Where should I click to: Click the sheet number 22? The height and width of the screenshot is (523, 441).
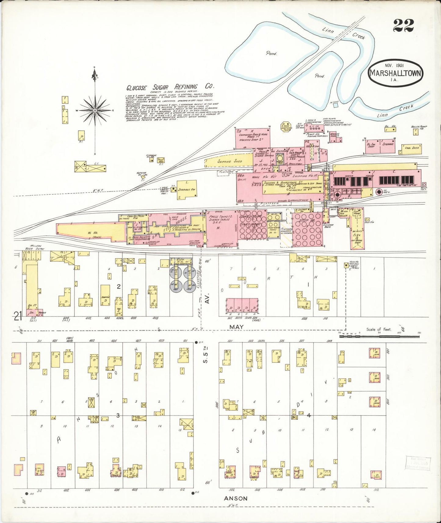click(403, 25)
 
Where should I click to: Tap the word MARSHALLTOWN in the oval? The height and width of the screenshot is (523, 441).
click(396, 73)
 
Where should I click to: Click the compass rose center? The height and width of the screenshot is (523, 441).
click(95, 110)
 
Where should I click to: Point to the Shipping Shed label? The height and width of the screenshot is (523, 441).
click(230, 161)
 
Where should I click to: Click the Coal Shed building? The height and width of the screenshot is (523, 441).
click(411, 148)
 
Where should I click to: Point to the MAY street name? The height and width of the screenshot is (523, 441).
click(237, 326)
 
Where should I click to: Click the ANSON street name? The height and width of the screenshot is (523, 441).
click(236, 498)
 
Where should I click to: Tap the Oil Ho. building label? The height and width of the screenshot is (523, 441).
click(388, 125)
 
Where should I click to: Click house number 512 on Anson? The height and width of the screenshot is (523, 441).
click(376, 490)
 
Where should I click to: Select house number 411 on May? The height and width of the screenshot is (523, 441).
click(185, 341)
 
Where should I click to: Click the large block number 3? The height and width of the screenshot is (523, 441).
click(118, 415)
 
